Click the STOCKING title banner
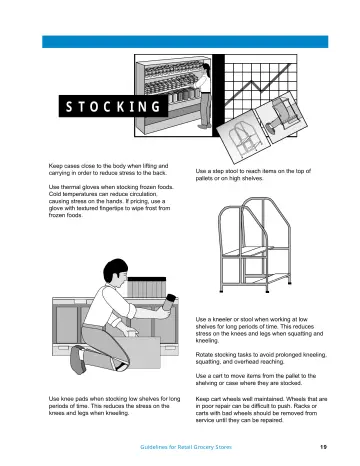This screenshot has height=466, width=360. point(113,106)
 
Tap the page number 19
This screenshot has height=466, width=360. point(323,447)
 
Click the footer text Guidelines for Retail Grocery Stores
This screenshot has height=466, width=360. point(186,447)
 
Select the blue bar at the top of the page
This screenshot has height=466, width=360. point(185,42)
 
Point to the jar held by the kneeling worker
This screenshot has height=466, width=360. point(171,303)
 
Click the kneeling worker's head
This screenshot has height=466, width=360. point(116,273)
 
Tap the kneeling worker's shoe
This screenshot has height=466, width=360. point(77,359)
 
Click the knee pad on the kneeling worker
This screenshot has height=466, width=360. point(121,367)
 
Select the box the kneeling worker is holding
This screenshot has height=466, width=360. point(138,352)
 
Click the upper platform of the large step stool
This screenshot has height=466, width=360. point(248,252)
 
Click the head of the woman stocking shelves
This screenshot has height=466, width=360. point(206,68)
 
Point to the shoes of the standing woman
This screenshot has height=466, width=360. point(204,126)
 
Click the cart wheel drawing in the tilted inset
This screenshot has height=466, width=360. point(283,117)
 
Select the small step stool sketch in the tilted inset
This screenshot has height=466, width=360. point(243,138)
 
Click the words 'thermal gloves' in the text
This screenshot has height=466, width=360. point(75,187)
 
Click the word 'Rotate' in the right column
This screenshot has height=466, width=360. point(204,355)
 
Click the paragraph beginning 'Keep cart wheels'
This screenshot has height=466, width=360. point(261,410)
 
